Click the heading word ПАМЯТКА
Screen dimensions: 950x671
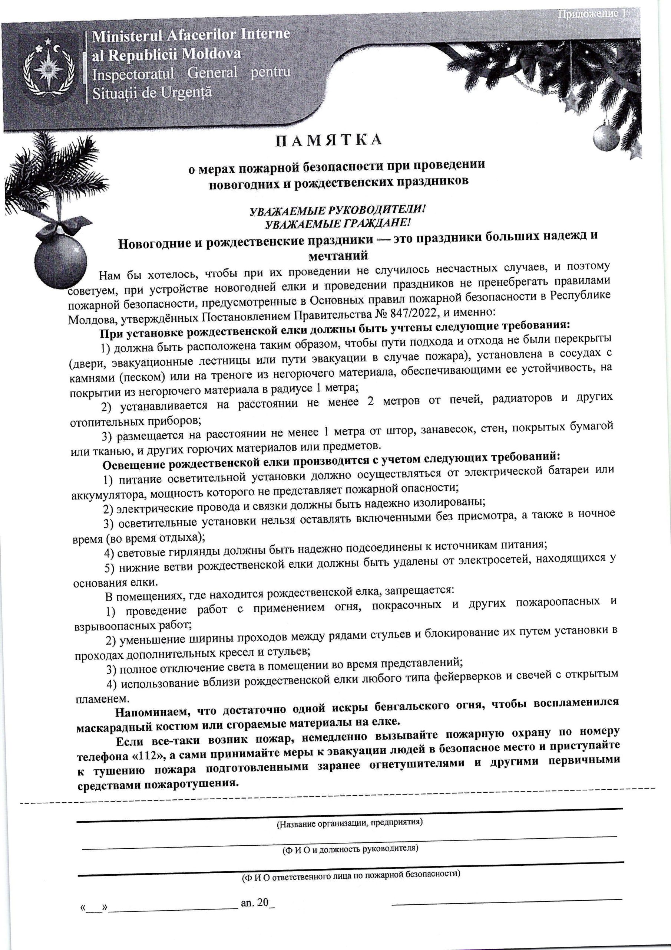(329, 140)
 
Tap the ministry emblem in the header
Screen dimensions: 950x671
(50, 68)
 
